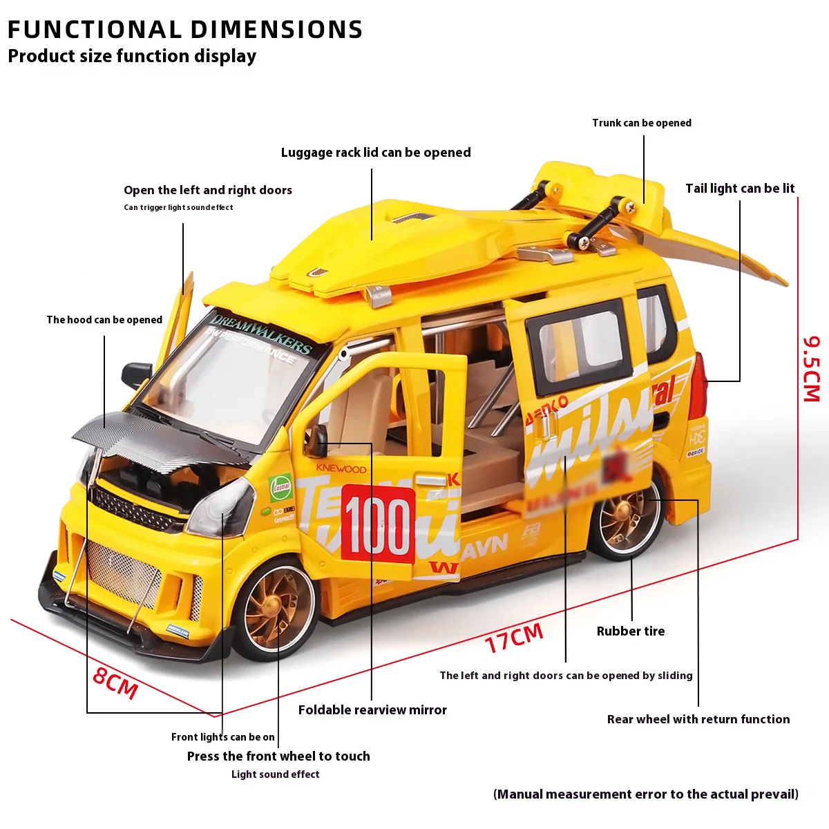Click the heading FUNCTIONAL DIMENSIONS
pos(185,30)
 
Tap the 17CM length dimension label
pos(514,638)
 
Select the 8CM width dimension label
pos(115,683)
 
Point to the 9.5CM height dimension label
pos(811,369)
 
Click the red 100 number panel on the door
pos(378,524)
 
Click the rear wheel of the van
pos(625,520)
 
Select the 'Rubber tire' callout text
pos(630,631)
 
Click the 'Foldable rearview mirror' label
pos(372,709)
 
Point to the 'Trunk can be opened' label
pos(641,123)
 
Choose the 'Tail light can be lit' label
pos(739,189)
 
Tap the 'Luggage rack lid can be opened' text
pos(376,153)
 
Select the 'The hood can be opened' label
pos(104,320)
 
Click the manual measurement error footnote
pos(645,794)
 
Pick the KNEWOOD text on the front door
pos(341,468)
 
